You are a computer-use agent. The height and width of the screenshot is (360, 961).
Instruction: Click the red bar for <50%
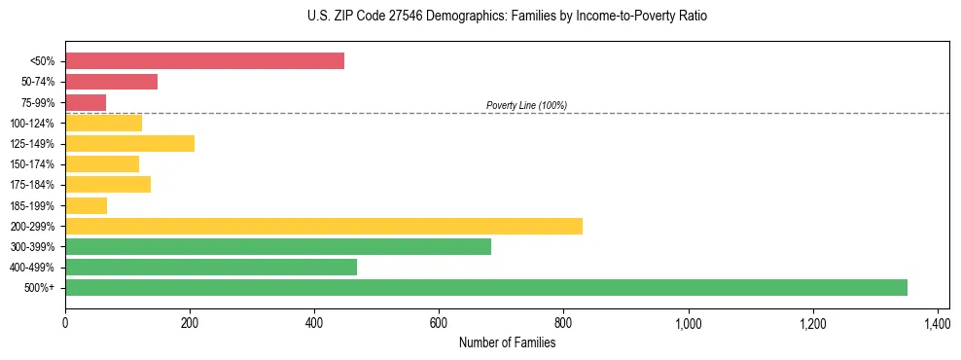coord(204,61)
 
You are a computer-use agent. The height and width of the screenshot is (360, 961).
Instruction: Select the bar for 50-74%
coord(111,82)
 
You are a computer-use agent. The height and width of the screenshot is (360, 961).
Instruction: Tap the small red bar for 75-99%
coord(86,102)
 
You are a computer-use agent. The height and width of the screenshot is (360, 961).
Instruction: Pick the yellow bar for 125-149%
coord(129,144)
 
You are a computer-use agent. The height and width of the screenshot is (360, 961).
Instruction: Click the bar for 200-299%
coord(324,226)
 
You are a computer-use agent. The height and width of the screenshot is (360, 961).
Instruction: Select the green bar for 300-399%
coord(278,246)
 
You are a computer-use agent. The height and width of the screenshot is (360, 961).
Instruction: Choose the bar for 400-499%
coord(211,267)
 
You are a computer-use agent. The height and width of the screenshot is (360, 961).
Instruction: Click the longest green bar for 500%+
coord(486,287)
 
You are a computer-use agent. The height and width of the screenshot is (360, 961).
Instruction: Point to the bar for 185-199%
coord(86,205)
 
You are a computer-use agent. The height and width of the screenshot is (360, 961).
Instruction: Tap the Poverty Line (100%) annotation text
coord(526,105)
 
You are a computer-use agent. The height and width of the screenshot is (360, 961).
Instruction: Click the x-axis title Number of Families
coord(507,342)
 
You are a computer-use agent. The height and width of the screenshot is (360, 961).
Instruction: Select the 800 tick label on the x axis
coord(563,323)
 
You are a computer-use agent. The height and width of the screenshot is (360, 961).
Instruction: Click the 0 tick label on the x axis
coord(65,323)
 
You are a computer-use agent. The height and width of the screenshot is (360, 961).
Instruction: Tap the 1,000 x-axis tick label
coord(688,323)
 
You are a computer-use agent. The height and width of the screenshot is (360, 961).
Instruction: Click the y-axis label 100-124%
coord(32,124)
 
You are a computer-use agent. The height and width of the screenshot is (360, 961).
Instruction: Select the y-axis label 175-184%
coord(32,185)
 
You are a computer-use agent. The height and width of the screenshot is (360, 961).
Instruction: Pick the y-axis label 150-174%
coord(32,164)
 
